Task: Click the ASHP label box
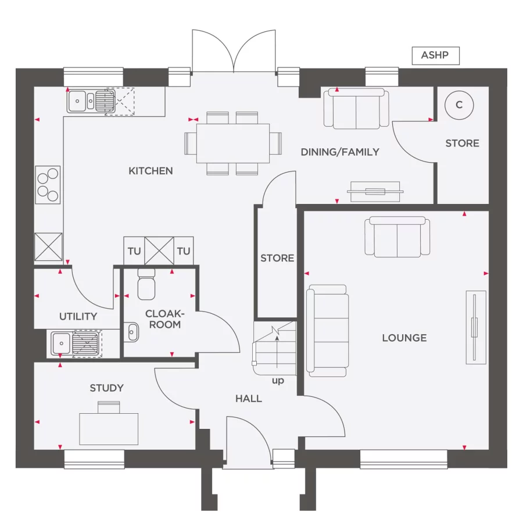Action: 435,56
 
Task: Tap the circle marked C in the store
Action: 459,105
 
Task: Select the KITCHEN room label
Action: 151,171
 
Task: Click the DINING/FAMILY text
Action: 340,152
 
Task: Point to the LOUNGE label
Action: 404,338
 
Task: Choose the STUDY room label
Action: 106,388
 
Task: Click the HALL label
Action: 248,399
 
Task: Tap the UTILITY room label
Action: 78,317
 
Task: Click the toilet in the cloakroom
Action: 147,283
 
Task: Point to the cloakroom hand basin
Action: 131,332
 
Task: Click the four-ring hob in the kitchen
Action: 48,184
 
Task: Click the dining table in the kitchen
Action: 232,143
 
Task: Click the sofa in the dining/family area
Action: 357,109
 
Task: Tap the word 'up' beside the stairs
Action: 278,381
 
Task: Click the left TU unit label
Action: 134,251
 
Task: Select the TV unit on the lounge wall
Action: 475,327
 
